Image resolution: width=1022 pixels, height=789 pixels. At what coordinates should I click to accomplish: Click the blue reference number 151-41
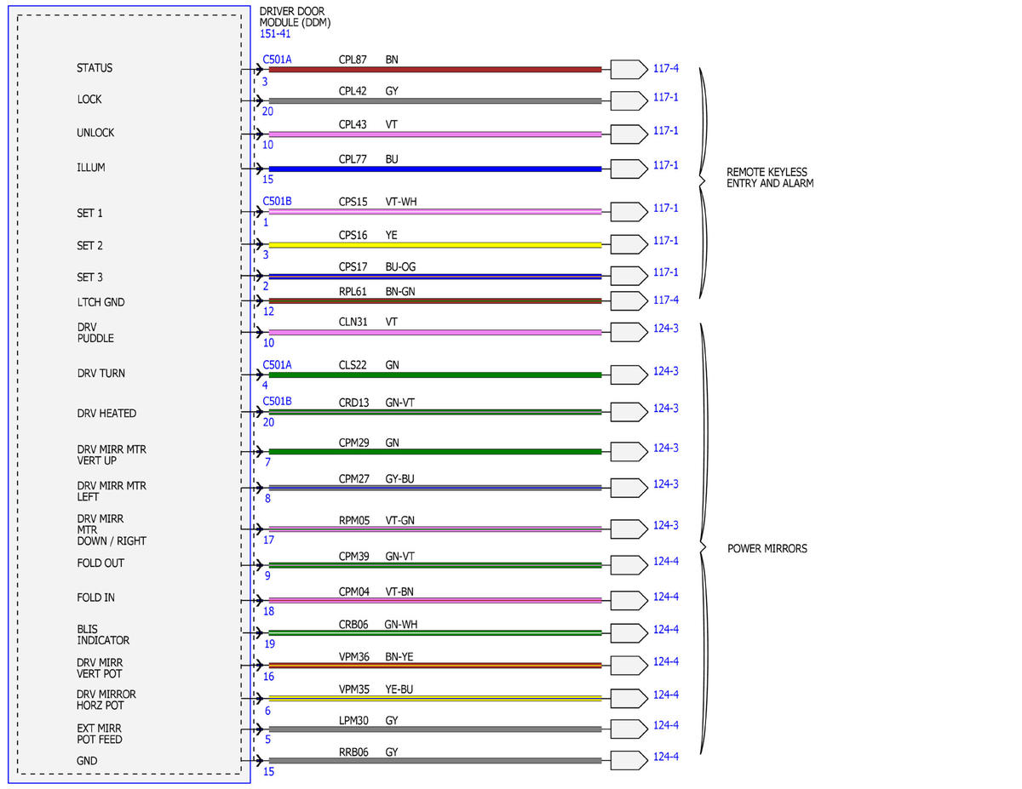click(275, 34)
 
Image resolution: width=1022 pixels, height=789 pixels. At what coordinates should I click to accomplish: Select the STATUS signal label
click(95, 68)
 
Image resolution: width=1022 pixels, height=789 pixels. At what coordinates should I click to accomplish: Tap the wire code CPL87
click(353, 60)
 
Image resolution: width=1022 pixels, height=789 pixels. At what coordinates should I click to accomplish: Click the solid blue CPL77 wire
click(435, 169)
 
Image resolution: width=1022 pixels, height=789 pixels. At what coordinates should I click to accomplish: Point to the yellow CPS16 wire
click(435, 245)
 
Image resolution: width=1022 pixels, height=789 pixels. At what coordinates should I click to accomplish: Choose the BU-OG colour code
click(400, 267)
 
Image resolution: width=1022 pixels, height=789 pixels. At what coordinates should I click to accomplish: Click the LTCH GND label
click(101, 302)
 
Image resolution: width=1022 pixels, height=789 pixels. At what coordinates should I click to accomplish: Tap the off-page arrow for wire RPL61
click(629, 301)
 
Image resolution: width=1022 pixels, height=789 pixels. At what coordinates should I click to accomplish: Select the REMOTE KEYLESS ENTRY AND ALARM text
click(770, 178)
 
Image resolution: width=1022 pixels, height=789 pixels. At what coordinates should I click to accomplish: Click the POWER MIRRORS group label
click(767, 548)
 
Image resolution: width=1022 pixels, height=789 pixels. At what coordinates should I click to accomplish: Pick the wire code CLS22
click(353, 365)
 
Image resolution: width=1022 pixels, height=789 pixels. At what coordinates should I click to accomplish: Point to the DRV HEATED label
click(106, 414)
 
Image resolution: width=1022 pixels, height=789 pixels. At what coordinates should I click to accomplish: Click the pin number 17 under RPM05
click(268, 540)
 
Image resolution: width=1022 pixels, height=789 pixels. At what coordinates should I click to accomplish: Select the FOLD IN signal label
click(96, 597)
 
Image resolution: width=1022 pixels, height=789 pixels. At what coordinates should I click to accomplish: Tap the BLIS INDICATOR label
click(103, 635)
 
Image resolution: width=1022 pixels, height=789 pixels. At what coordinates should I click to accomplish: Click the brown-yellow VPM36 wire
click(435, 666)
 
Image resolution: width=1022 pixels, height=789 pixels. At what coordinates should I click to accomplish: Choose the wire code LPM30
click(353, 720)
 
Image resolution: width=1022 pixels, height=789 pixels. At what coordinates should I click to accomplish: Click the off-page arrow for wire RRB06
click(629, 760)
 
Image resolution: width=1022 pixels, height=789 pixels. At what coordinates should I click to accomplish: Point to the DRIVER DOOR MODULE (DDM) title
click(295, 17)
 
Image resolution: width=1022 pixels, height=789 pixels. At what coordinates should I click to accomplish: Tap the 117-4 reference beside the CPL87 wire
click(665, 69)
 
